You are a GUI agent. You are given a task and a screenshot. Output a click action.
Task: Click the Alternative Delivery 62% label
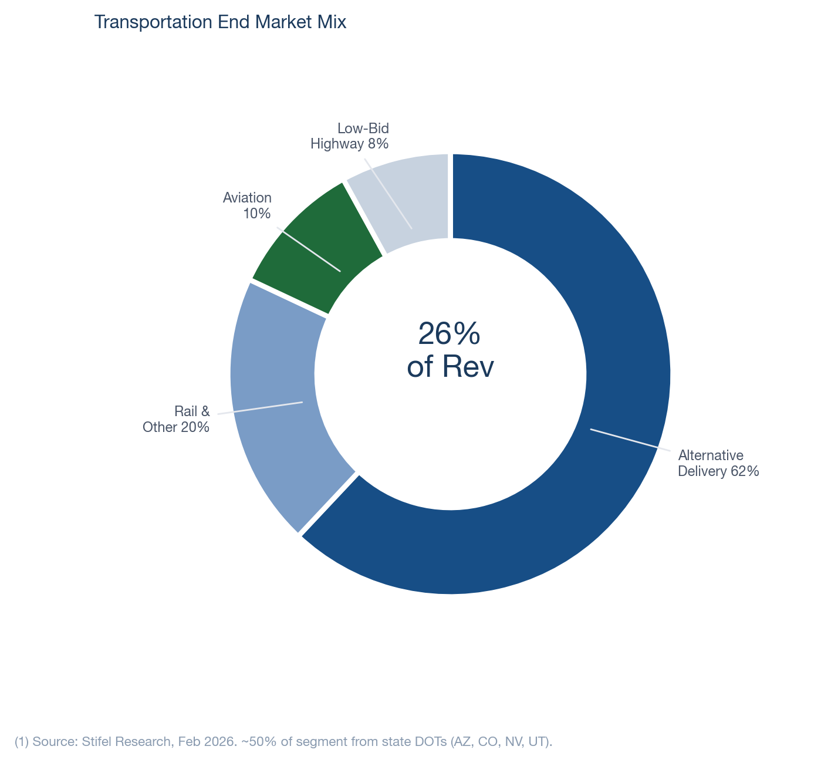[718, 463]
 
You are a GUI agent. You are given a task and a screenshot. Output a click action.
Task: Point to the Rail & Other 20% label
[176, 419]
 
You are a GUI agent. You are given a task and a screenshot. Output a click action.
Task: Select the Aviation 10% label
[248, 205]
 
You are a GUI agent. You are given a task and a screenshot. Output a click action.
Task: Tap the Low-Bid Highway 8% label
[350, 136]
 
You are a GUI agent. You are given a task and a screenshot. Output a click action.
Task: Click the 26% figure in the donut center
[450, 334]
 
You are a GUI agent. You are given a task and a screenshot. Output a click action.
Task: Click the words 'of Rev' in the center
[450, 367]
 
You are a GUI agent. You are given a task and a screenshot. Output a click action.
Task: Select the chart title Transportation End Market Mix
[220, 22]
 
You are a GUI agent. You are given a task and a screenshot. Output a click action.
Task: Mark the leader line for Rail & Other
[260, 408]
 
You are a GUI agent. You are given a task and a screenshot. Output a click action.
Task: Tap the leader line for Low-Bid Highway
[388, 194]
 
